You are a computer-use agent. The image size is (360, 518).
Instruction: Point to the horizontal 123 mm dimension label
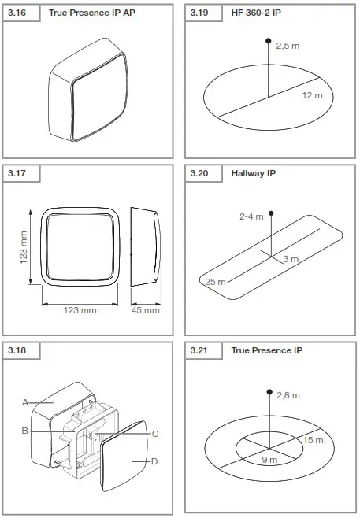click(79, 310)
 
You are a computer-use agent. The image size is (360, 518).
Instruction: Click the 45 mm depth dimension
click(146, 310)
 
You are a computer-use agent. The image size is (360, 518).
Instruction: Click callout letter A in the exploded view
click(25, 402)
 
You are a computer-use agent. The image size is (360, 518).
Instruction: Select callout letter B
click(25, 431)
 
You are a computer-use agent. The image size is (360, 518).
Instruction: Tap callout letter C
click(155, 433)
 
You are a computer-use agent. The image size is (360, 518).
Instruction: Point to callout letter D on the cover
click(155, 461)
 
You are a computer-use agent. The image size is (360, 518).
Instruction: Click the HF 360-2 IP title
click(256, 13)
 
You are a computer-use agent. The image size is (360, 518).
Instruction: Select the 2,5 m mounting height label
click(288, 46)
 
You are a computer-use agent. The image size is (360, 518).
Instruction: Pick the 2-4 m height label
click(252, 216)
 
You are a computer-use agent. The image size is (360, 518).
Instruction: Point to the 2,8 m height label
click(288, 395)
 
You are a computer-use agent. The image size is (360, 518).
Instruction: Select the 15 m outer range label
click(313, 439)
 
